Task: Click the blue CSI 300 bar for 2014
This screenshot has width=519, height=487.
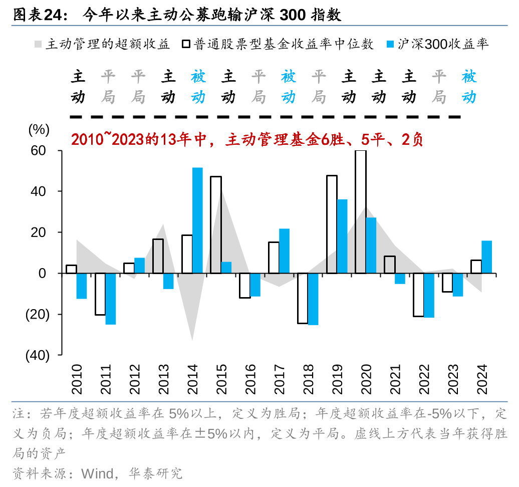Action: tap(197, 220)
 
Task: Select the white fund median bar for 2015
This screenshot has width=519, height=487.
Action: tap(215, 224)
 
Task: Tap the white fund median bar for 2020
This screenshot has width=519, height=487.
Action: tap(360, 211)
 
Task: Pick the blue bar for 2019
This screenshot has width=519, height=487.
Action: tap(342, 236)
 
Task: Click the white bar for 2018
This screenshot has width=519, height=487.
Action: tap(302, 298)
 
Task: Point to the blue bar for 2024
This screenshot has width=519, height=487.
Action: tap(486, 257)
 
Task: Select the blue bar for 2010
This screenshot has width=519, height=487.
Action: tap(82, 286)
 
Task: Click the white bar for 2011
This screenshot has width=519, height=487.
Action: tap(100, 294)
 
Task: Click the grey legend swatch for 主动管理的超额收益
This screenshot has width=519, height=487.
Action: tap(38, 44)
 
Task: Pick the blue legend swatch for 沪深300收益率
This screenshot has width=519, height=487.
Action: tap(391, 44)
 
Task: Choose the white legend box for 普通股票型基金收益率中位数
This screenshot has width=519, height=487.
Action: tap(185, 44)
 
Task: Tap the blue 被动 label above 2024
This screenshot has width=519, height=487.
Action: tap(469, 87)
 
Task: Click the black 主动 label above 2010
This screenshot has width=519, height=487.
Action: tap(78, 87)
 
